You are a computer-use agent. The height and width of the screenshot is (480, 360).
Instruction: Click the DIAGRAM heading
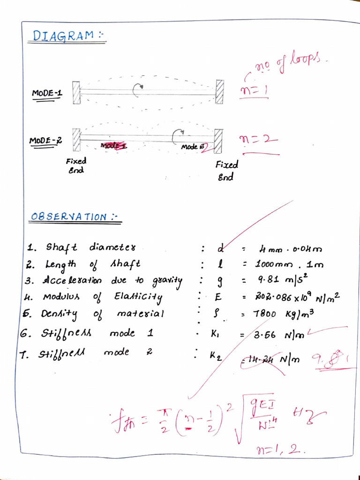coord(66,36)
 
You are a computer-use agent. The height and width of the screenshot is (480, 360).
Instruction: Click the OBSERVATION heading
coord(74,217)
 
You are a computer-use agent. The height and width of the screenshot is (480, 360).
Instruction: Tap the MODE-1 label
coord(47,93)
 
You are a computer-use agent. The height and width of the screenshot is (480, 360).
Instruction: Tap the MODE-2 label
coord(46,140)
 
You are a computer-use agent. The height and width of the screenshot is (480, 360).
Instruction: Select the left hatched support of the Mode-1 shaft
coord(76,92)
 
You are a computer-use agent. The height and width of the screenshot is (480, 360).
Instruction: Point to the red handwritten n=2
coord(258,139)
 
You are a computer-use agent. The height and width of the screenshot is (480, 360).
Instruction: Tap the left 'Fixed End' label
coord(76,165)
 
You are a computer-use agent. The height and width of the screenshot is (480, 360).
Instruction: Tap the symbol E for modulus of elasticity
coord(217,297)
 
